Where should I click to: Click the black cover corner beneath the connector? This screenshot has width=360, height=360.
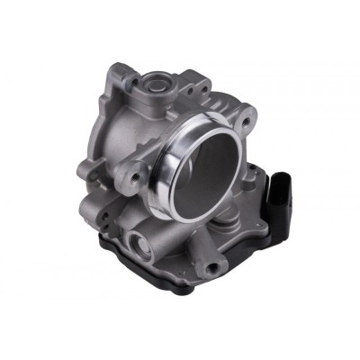click(270, 270)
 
